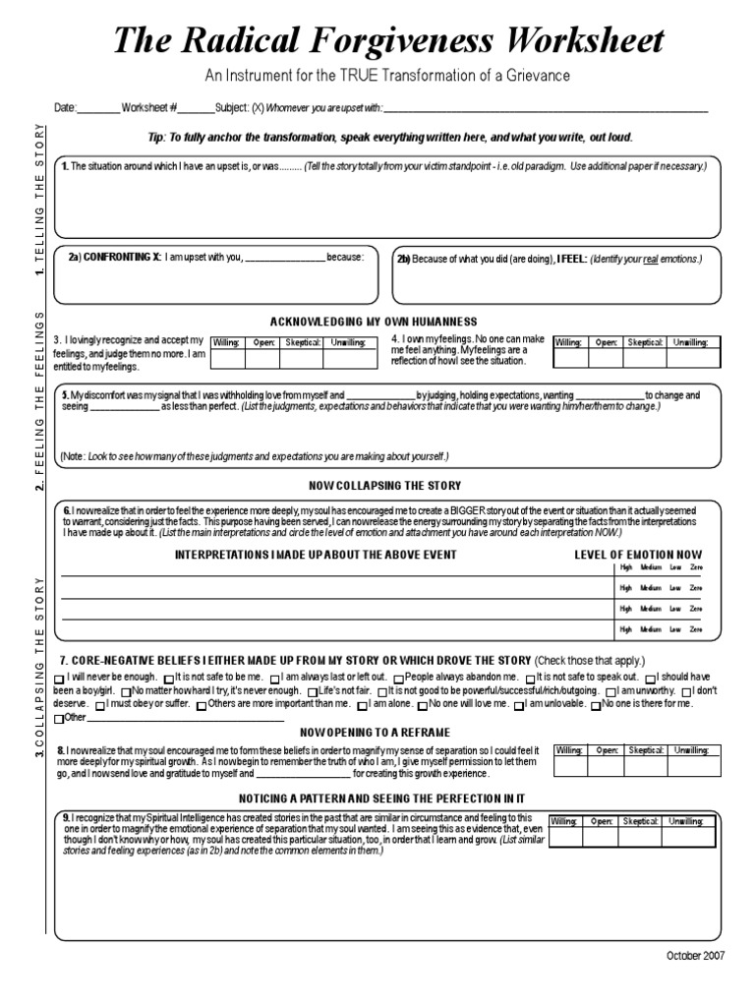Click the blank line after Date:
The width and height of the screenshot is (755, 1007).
pyautogui.click(x=97, y=109)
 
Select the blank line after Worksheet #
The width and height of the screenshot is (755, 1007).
pyautogui.click(x=196, y=109)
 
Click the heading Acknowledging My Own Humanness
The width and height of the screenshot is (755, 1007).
pyautogui.click(x=373, y=322)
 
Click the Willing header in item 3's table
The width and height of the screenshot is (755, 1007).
pyautogui.click(x=226, y=342)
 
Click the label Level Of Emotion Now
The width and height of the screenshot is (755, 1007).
pyautogui.click(x=638, y=555)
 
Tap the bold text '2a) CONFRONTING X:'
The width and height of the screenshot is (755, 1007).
pyautogui.click(x=114, y=258)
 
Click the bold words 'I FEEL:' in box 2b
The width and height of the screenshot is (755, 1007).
pyautogui.click(x=571, y=259)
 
